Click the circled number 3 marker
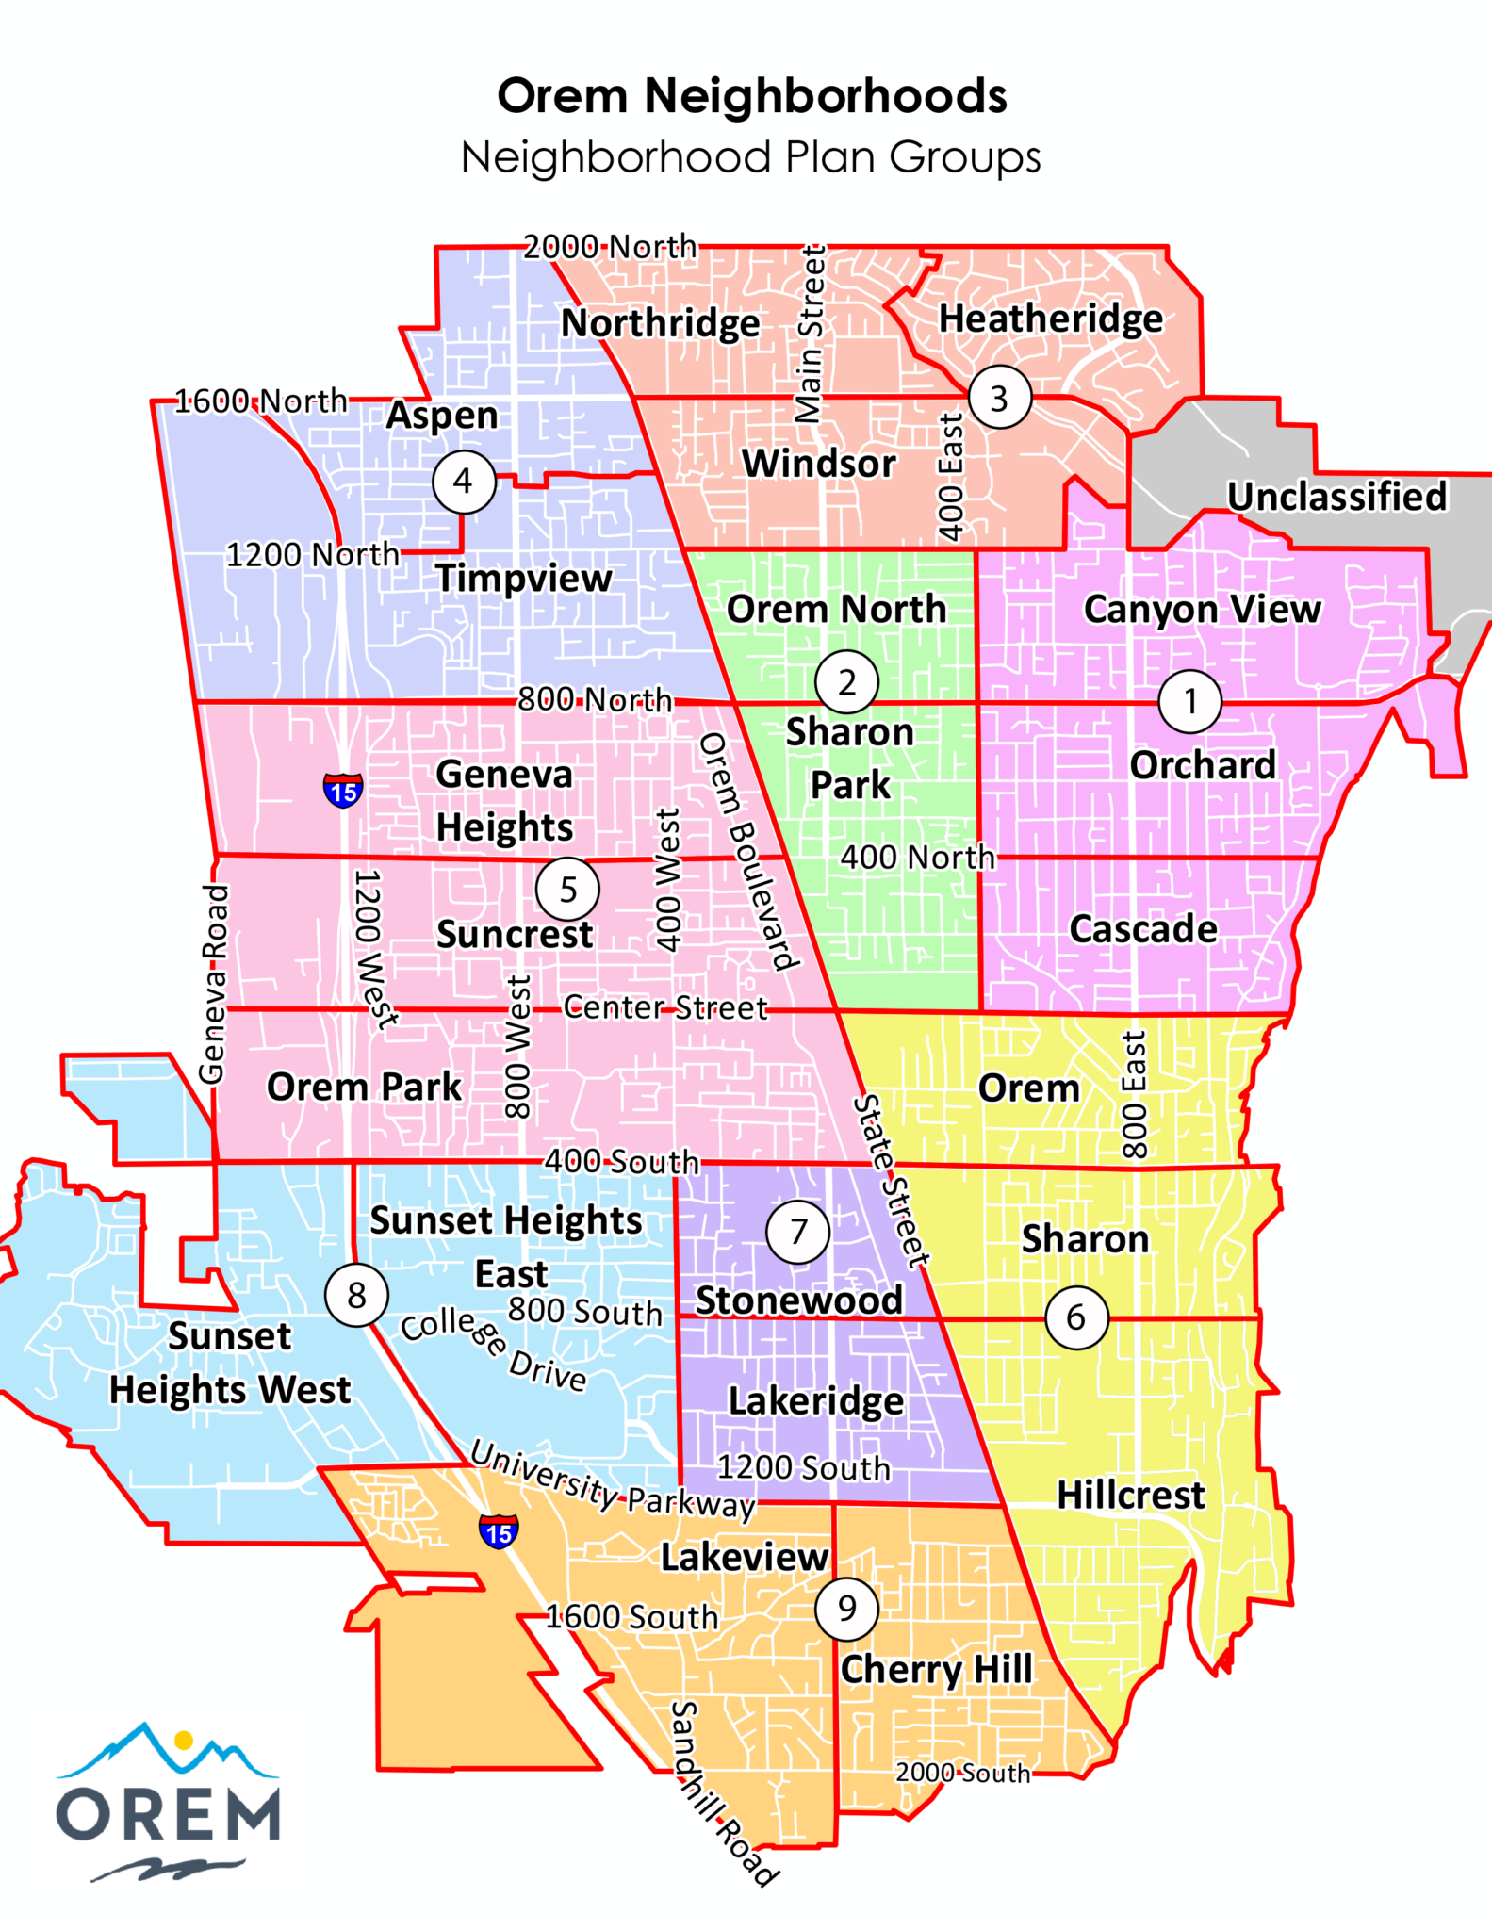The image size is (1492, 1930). [999, 398]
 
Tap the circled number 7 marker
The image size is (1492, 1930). [798, 1231]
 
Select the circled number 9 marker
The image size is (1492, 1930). [846, 1608]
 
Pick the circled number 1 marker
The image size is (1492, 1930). [1190, 701]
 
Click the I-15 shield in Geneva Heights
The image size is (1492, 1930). [343, 790]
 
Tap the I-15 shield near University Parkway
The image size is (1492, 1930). [499, 1531]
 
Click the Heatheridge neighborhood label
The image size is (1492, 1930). [1051, 319]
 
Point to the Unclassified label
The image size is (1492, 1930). [1336, 497]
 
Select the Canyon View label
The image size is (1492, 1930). [1202, 609]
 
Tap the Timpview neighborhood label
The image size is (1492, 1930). [524, 578]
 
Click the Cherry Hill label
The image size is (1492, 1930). [937, 1669]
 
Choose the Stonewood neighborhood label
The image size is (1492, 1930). [798, 1300]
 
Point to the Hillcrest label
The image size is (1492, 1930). [1130, 1495]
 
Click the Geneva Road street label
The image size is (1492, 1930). [214, 984]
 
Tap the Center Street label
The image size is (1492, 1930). [665, 1008]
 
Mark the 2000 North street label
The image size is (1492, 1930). [610, 247]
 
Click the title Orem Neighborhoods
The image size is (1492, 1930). [752, 96]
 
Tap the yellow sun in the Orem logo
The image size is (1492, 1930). [185, 1740]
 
